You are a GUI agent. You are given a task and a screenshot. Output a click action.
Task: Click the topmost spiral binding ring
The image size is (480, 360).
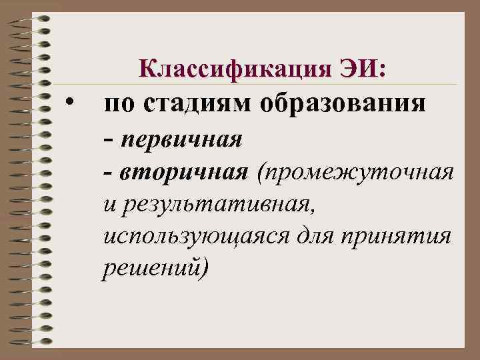[x=27, y=20]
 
